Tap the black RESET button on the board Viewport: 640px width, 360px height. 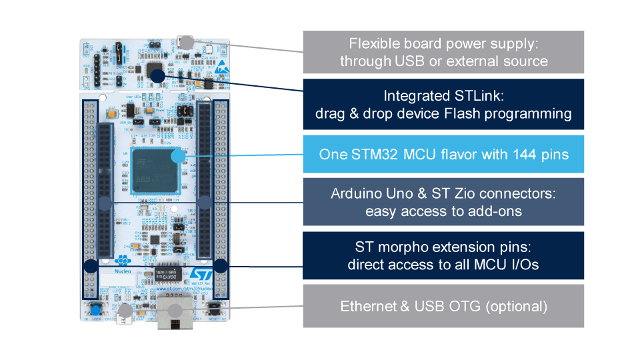215,307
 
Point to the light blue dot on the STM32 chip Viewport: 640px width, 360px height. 177,157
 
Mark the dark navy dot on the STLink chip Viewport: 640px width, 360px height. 157,76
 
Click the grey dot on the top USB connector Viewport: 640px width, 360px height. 187,43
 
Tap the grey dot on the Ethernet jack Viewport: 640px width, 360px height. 175,311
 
